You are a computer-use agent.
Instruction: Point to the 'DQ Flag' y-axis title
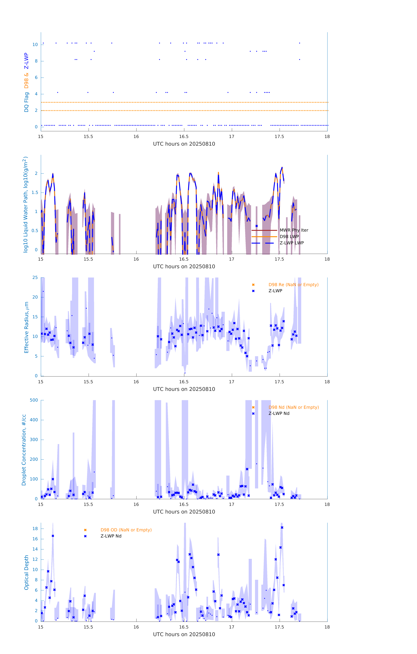[x=26, y=102]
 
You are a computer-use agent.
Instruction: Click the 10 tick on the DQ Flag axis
[x=35, y=45]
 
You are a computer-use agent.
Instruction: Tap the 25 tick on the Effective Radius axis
[x=35, y=278]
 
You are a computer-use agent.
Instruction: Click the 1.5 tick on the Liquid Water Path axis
[x=35, y=193]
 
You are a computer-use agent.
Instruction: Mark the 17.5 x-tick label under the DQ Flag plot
[x=279, y=137]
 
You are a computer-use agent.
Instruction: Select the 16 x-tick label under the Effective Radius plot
[x=136, y=382]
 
